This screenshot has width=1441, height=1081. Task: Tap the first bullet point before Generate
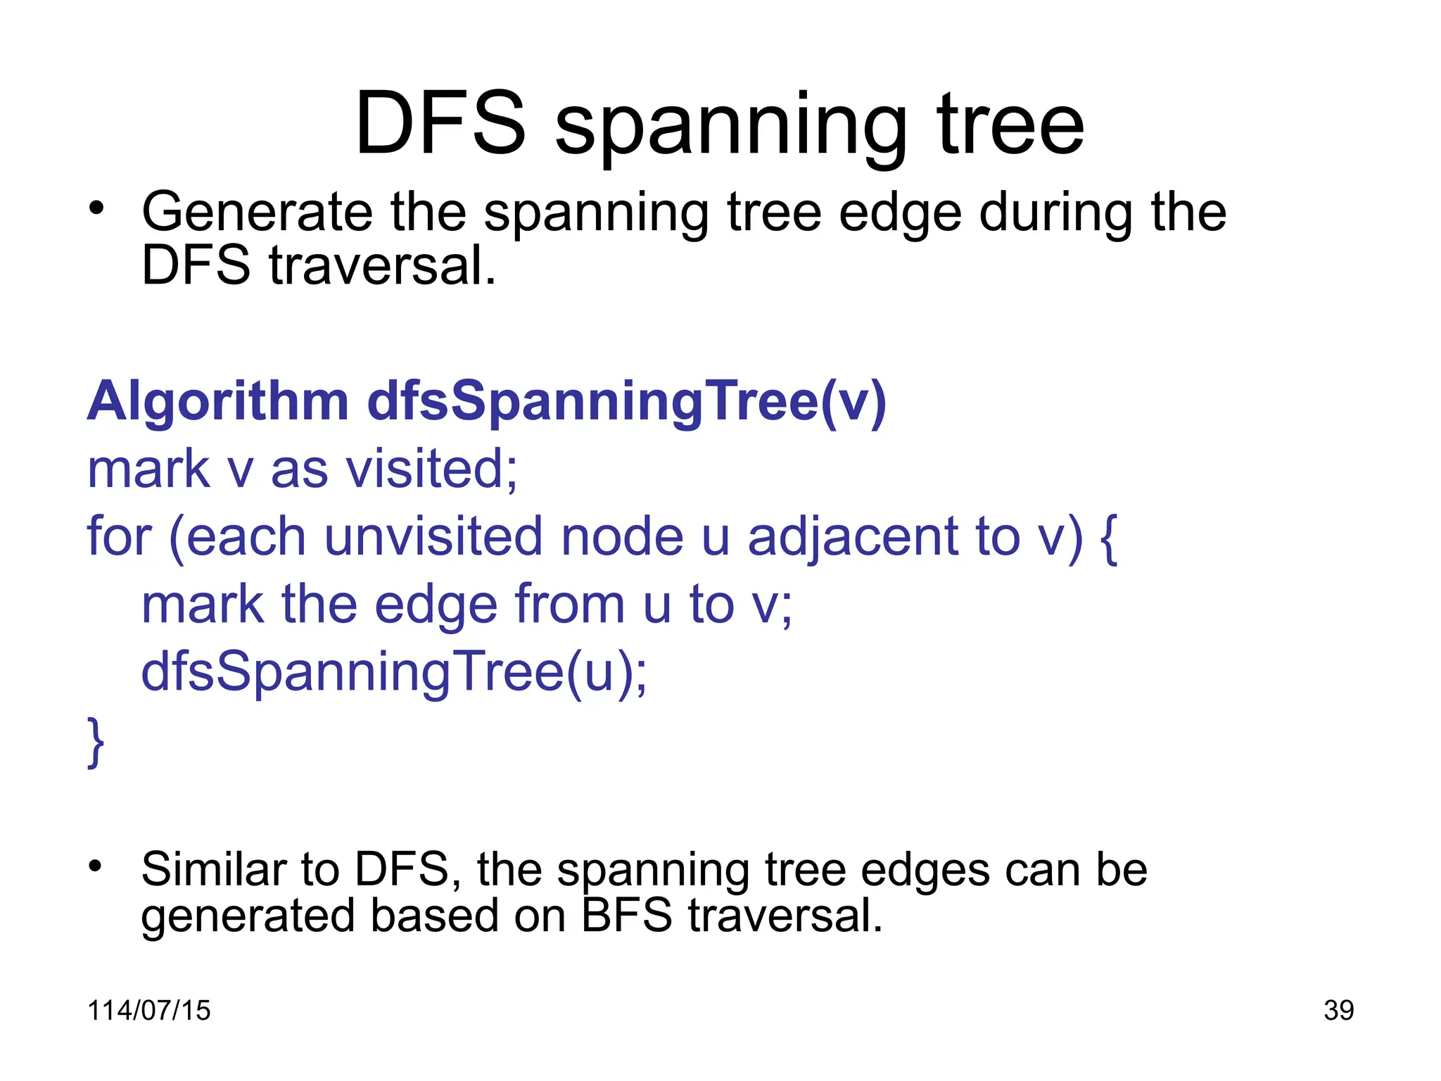96,208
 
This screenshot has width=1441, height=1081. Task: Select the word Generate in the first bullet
257,214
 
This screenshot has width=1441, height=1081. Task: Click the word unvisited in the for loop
433,537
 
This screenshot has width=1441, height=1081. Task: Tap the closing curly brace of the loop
96,742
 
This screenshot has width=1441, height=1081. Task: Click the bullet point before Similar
96,866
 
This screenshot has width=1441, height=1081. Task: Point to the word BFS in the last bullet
627,916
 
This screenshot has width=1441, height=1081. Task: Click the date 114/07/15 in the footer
148,1011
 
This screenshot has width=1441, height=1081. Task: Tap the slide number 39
1338,1011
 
